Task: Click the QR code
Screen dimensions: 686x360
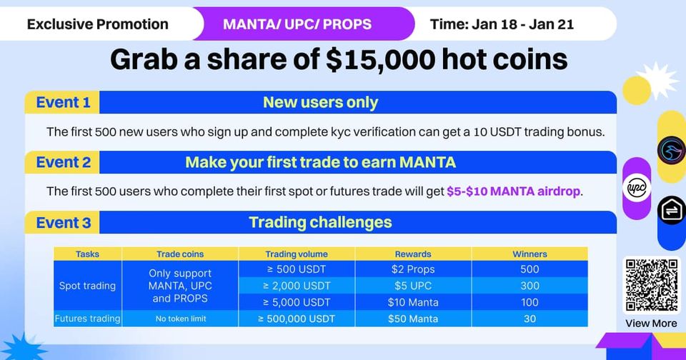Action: click(652, 285)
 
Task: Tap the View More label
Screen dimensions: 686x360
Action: click(651, 324)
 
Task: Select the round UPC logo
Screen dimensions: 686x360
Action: click(637, 188)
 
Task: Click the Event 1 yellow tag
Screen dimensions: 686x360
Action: click(62, 102)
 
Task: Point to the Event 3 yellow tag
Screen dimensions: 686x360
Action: click(62, 223)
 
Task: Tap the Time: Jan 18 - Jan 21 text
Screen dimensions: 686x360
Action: click(502, 24)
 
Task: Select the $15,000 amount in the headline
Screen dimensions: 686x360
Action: click(381, 59)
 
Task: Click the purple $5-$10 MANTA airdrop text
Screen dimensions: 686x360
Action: click(513, 191)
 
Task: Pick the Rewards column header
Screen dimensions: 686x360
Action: click(413, 254)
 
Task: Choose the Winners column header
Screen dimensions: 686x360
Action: click(530, 254)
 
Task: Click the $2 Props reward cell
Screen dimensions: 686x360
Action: click(413, 269)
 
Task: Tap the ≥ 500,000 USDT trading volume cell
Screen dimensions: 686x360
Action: click(297, 319)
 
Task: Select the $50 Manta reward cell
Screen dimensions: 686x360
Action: click(413, 319)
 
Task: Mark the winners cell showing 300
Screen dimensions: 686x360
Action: click(530, 286)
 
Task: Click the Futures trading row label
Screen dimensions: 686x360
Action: click(87, 319)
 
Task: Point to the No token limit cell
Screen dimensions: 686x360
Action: click(181, 319)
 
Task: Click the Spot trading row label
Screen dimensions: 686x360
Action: click(87, 286)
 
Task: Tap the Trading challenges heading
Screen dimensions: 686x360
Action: click(320, 222)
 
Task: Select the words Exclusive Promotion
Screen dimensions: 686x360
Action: click(98, 24)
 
